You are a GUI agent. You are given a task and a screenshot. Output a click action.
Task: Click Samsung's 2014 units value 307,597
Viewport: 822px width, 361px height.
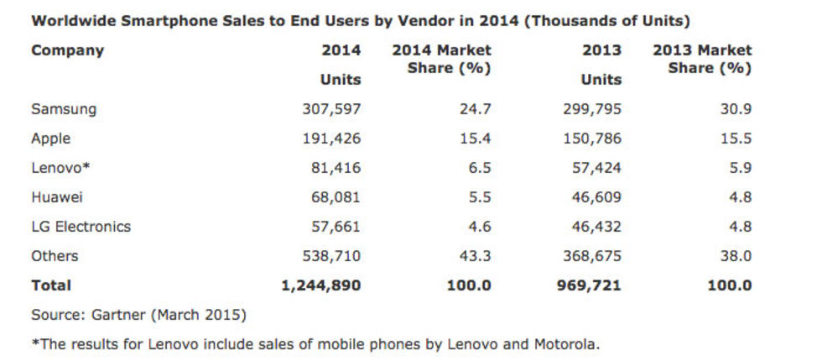coord(330,109)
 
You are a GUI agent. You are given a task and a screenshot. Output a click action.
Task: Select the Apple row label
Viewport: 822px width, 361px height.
coord(50,139)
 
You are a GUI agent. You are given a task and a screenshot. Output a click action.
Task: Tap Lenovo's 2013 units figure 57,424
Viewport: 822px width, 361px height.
coord(592,168)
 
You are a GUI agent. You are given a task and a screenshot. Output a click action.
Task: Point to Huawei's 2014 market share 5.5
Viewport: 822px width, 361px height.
coord(478,197)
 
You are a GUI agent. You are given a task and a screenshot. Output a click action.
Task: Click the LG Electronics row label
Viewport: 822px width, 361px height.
coord(81,227)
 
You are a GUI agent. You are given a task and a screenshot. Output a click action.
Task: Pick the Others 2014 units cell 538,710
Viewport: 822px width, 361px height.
coord(330,256)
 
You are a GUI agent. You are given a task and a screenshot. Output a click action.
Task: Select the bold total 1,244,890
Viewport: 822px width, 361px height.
coord(320,285)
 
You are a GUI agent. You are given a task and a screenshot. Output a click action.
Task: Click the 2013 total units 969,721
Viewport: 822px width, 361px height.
coord(587,285)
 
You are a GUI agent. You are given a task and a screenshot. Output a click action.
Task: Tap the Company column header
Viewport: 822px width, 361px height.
coord(67,50)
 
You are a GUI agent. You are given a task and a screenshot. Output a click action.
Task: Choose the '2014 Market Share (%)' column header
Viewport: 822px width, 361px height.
coord(442,59)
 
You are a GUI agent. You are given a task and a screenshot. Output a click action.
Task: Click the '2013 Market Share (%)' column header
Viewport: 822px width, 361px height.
coord(702,59)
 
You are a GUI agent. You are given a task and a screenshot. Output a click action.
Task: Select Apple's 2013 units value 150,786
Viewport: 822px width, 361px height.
coord(591,139)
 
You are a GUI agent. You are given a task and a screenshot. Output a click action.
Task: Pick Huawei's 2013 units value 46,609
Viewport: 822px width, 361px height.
coord(592,197)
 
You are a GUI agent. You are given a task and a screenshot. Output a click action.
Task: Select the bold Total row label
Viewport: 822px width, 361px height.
coord(51,285)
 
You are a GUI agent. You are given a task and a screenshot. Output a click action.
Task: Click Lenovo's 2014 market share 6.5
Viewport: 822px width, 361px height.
coord(478,168)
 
